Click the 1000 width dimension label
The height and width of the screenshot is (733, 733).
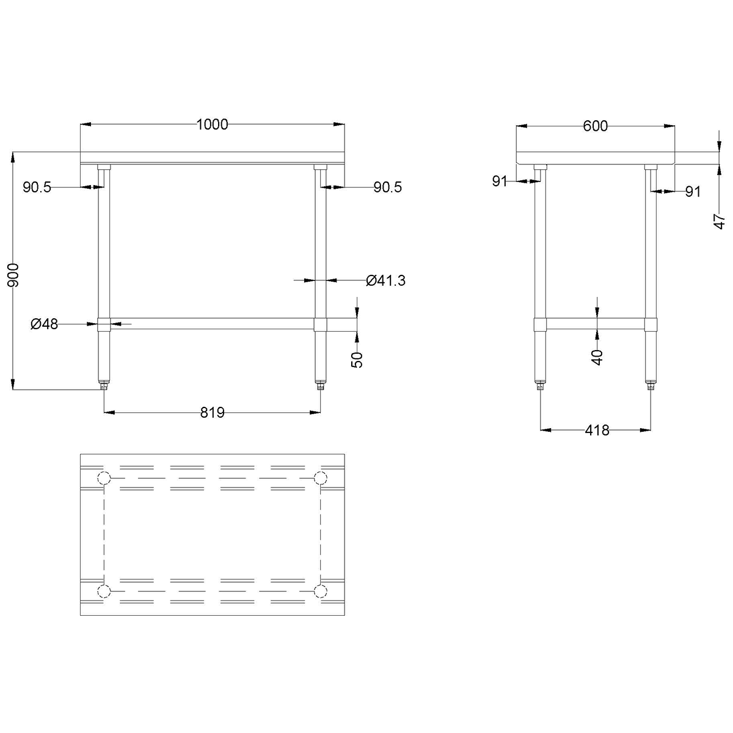click(212, 125)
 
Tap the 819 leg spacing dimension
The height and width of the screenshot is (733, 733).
click(213, 413)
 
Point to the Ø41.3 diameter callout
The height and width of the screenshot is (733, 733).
click(385, 280)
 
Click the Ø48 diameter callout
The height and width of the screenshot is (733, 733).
click(44, 324)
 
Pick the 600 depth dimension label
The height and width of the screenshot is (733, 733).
click(596, 126)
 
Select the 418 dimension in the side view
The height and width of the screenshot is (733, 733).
click(597, 430)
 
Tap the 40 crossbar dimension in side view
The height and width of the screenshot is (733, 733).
click(597, 356)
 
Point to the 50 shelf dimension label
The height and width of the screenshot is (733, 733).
click(358, 360)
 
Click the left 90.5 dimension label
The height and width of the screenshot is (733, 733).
click(37, 188)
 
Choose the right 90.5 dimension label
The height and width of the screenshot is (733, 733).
click(387, 188)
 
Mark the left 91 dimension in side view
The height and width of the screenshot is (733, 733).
click(500, 181)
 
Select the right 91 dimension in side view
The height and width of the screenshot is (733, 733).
click(691, 192)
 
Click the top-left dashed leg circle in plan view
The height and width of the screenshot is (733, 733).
click(104, 478)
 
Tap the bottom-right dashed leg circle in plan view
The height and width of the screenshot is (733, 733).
click(319, 591)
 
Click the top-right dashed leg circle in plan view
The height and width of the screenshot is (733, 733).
click(319, 478)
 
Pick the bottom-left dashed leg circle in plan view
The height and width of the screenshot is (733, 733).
click(104, 591)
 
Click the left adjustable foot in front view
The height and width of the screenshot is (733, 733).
click(104, 385)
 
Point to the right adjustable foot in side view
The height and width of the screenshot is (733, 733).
click(651, 385)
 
